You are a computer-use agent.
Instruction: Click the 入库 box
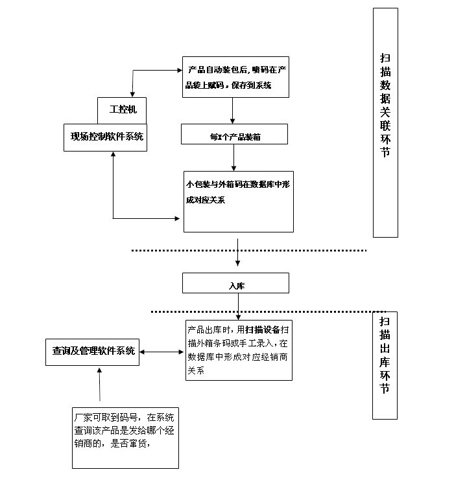click(236, 284)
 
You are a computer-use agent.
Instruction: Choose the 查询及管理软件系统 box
click(93, 351)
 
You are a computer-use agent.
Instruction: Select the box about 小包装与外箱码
click(238, 199)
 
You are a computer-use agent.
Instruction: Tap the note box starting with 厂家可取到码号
click(125, 437)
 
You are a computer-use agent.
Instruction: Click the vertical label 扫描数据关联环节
click(385, 123)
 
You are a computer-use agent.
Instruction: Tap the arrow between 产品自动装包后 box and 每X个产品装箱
click(232, 111)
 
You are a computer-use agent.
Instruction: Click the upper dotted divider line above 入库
click(249, 251)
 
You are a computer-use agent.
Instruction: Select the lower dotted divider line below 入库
click(259, 311)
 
